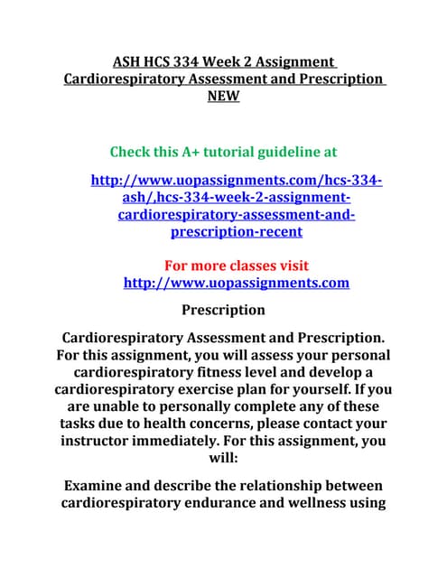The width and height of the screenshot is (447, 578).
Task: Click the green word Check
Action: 133,151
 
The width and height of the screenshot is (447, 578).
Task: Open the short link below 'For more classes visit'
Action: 236,284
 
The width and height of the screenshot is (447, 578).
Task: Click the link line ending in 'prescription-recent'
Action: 236,232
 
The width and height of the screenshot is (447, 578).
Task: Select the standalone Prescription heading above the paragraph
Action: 223,311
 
